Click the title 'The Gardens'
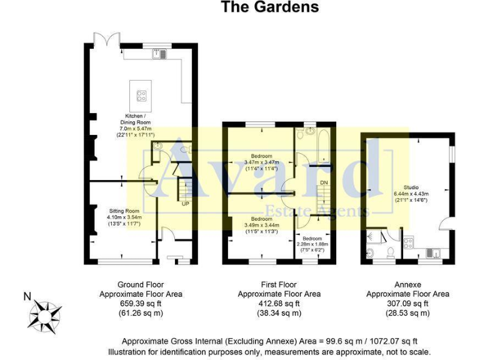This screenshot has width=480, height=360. [270, 7]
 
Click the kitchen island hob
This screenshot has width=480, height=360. [141, 96]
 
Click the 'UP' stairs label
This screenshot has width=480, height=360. [186, 204]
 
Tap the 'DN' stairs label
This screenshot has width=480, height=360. [324, 182]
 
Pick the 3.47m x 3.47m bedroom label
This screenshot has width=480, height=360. [261, 162]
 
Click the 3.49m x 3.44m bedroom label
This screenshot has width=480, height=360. [261, 225]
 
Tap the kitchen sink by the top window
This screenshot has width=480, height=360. [159, 54]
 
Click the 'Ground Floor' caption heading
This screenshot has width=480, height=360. [141, 284]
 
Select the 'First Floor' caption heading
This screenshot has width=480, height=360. [279, 284]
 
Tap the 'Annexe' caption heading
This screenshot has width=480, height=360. [407, 284]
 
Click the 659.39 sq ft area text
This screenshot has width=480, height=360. [141, 303]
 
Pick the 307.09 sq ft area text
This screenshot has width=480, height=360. [407, 303]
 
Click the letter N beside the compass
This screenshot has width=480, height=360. [27, 296]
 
